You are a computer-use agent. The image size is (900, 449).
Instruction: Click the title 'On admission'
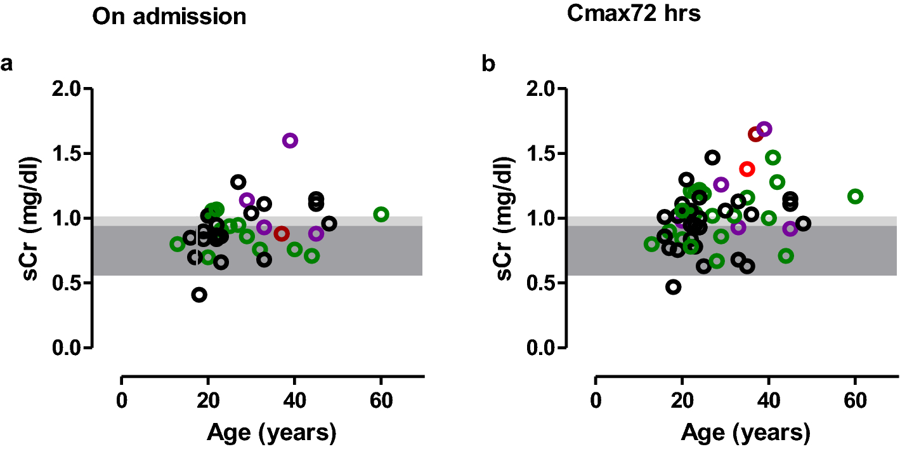point(169,17)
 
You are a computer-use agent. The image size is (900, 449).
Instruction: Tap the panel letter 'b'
point(489,64)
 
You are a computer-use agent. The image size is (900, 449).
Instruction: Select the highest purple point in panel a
point(290,140)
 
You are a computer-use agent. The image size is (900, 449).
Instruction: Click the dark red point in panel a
point(282,234)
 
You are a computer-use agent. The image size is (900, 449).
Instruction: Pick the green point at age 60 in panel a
point(381,215)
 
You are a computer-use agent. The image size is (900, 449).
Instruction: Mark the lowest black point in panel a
point(199,295)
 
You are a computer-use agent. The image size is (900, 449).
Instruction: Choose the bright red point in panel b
point(747,169)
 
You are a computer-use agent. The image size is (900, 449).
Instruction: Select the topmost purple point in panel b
point(764,129)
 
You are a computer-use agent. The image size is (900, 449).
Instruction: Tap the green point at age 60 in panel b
point(855,196)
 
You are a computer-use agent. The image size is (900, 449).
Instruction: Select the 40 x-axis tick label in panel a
point(294,402)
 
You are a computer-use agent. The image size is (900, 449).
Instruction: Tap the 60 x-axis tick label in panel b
point(854,402)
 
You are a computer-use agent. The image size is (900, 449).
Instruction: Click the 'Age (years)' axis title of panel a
point(271,433)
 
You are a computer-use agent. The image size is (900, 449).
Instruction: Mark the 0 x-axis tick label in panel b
point(596,402)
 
